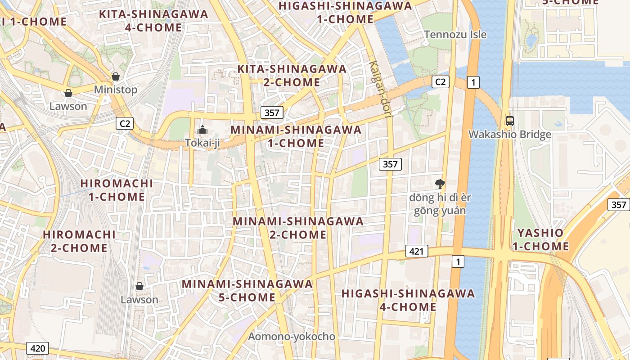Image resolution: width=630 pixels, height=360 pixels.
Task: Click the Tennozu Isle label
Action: pos(455,34)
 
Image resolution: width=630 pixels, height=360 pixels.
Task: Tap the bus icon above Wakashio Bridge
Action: pos(509,121)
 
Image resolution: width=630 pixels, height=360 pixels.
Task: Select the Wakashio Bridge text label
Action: pos(509,135)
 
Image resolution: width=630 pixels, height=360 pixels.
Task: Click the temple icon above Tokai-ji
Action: pos(202,130)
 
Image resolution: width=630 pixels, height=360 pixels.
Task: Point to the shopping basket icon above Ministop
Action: pos(116,76)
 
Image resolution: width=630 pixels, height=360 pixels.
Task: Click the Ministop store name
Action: pos(116,90)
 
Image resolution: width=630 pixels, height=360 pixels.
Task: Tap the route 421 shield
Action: pos(416,251)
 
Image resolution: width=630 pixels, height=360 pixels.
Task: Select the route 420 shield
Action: pos(38,348)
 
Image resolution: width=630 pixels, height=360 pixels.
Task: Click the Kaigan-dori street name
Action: pos(380,89)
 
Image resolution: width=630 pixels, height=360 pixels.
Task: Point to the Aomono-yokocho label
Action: pos(292,337)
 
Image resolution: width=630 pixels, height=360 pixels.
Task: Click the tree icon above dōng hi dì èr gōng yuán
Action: pos(440,183)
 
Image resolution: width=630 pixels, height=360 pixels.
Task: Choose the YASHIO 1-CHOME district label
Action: pos(540,239)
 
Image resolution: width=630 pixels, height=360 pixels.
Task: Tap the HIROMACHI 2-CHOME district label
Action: pos(79,241)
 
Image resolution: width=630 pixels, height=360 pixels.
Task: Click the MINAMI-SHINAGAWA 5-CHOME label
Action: pos(247,291)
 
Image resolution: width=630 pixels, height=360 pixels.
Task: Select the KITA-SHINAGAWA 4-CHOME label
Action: pos(153,21)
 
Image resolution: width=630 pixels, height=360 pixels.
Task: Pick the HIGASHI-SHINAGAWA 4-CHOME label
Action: pos(408,300)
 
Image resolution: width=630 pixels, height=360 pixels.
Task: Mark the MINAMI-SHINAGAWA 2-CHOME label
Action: pos(298,228)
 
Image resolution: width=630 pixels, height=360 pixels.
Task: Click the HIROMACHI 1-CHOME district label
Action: pos(117,190)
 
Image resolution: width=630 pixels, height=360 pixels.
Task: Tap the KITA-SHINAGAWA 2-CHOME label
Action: pos(292,76)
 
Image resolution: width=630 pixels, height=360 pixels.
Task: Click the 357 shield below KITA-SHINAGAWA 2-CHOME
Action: pos(272,112)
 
